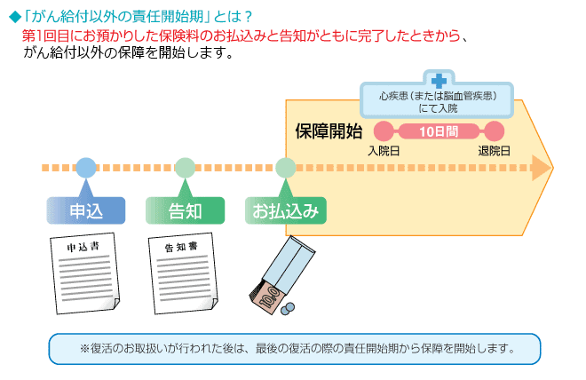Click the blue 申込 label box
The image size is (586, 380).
tap(86, 210)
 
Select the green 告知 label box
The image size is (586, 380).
tap(185, 210)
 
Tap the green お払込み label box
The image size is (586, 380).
tap(286, 210)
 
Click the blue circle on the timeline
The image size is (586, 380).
tap(86, 168)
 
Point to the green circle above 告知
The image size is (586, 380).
tap(185, 168)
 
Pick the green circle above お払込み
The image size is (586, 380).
tap(286, 168)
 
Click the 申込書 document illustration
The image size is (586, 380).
tap(85, 273)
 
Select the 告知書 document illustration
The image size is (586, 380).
tap(183, 273)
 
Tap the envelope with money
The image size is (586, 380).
tap(282, 274)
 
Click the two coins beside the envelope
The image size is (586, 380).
tap(288, 309)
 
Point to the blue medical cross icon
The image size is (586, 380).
tap(439, 81)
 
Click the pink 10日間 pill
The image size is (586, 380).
tap(439, 131)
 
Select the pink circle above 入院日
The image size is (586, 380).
tap(384, 131)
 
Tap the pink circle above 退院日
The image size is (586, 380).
tap(494, 131)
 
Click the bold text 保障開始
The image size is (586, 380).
tap(329, 131)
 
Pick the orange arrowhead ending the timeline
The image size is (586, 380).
tap(542, 168)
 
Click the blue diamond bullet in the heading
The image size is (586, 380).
tap(15, 17)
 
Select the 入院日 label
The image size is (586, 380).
tap(384, 151)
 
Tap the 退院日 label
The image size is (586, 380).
tap(494, 151)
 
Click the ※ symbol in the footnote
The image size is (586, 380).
tap(85, 349)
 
